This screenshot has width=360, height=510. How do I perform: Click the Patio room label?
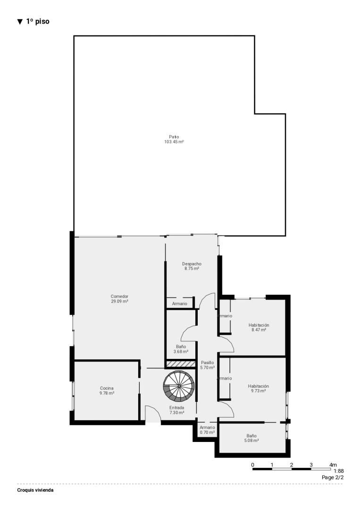tap(174, 137)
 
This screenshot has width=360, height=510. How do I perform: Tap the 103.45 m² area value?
tap(174, 142)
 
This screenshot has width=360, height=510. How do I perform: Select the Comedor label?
tap(119, 296)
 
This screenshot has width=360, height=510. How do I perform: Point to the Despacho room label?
tap(192, 264)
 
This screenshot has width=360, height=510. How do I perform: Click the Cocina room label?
tap(107, 388)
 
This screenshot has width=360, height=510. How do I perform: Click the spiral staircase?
tap(179, 386)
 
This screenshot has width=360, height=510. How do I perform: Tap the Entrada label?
tap(177, 408)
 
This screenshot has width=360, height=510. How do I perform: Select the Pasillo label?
tap(207, 363)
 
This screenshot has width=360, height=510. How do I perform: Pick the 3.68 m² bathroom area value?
tap(181, 352)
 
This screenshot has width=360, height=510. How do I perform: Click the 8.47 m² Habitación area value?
tap(259, 330)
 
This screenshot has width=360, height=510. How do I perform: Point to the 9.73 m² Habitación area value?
tap(258, 391)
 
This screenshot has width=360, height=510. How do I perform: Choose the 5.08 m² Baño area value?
tap(251, 441)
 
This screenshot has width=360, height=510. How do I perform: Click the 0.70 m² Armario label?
tap(207, 432)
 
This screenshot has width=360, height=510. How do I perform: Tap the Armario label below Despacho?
tap(180, 304)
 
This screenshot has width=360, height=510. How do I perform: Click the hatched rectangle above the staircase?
tap(181, 364)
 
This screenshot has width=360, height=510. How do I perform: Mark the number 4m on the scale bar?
tap(333, 465)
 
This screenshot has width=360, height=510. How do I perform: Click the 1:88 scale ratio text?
tap(339, 471)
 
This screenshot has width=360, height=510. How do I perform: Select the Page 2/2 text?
tap(333, 477)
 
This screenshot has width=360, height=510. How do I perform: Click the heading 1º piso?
tap(38, 21)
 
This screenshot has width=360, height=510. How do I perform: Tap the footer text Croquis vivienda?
tap(35, 490)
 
